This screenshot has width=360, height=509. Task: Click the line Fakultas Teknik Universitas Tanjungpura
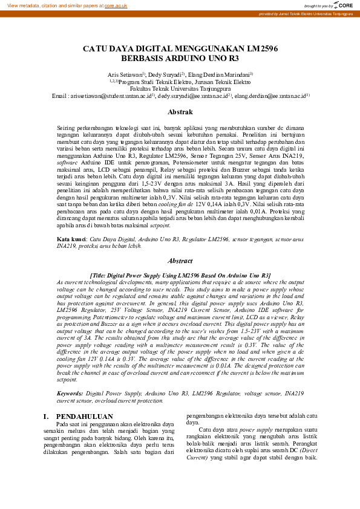point(180,88)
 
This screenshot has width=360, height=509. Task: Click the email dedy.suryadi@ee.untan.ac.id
point(192,96)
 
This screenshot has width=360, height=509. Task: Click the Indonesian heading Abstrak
point(180,112)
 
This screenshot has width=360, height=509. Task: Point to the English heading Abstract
point(180,261)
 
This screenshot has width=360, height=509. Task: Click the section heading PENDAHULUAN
point(84,417)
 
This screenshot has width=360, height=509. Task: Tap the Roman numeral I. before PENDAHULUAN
point(47,417)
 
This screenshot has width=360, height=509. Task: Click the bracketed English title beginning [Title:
point(180,275)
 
